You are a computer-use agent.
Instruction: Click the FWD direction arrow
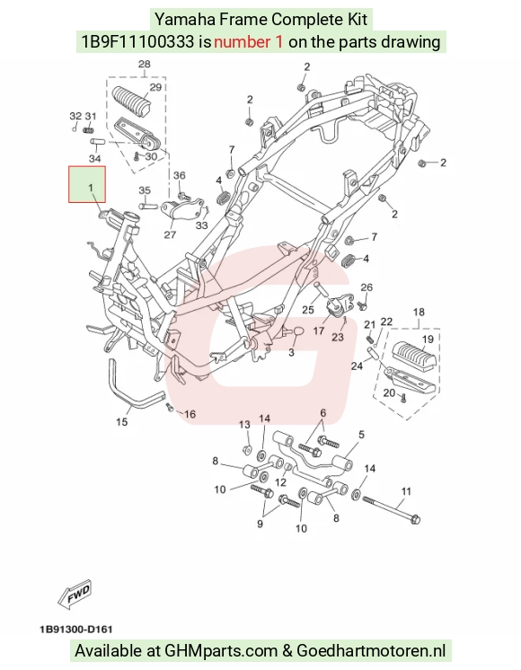click(75, 594)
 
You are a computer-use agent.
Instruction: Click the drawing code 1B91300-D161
click(76, 630)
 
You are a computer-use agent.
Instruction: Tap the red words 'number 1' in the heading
click(248, 42)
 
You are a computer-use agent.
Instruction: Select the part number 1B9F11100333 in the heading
click(137, 42)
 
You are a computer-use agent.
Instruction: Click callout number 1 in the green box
click(90, 188)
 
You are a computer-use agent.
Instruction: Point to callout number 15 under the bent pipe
click(122, 422)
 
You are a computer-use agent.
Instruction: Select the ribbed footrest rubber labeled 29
click(132, 101)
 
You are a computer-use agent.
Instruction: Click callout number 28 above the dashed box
click(145, 64)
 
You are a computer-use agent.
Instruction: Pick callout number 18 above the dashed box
click(419, 312)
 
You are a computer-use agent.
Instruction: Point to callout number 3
click(291, 353)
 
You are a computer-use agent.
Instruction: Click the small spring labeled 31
click(89, 128)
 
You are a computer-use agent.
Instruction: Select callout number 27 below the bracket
click(170, 234)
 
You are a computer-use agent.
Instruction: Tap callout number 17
click(319, 331)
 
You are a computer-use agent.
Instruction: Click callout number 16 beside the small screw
click(190, 414)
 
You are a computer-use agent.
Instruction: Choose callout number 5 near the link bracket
click(362, 435)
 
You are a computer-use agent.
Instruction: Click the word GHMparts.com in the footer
click(221, 651)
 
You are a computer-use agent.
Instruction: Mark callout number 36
click(180, 176)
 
